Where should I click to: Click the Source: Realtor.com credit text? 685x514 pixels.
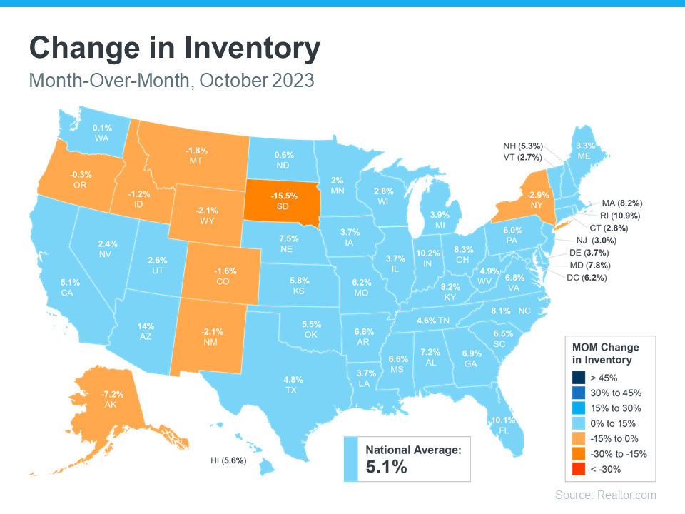[606, 495]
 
